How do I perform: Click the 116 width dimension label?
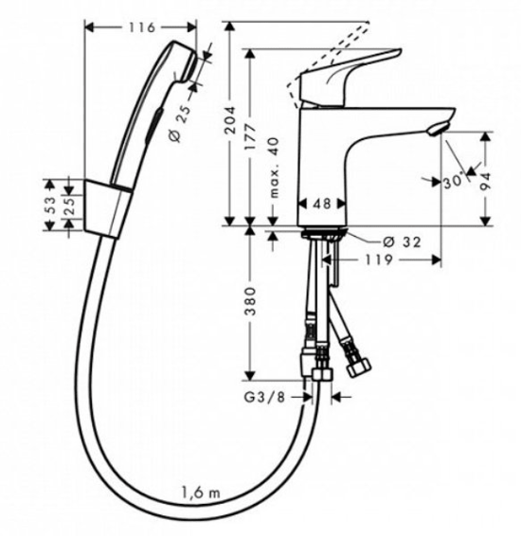coord(142,27)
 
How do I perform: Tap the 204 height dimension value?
coord(230,119)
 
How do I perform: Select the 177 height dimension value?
coord(251,136)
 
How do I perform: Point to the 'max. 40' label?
coord(274,168)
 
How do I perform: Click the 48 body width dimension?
coord(322,204)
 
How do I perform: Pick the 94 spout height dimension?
coord(485,182)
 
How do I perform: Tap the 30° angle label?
coord(455,182)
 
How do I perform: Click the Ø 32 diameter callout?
coord(402,242)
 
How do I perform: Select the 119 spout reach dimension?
coord(379,260)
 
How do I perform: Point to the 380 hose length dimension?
coord(251,301)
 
